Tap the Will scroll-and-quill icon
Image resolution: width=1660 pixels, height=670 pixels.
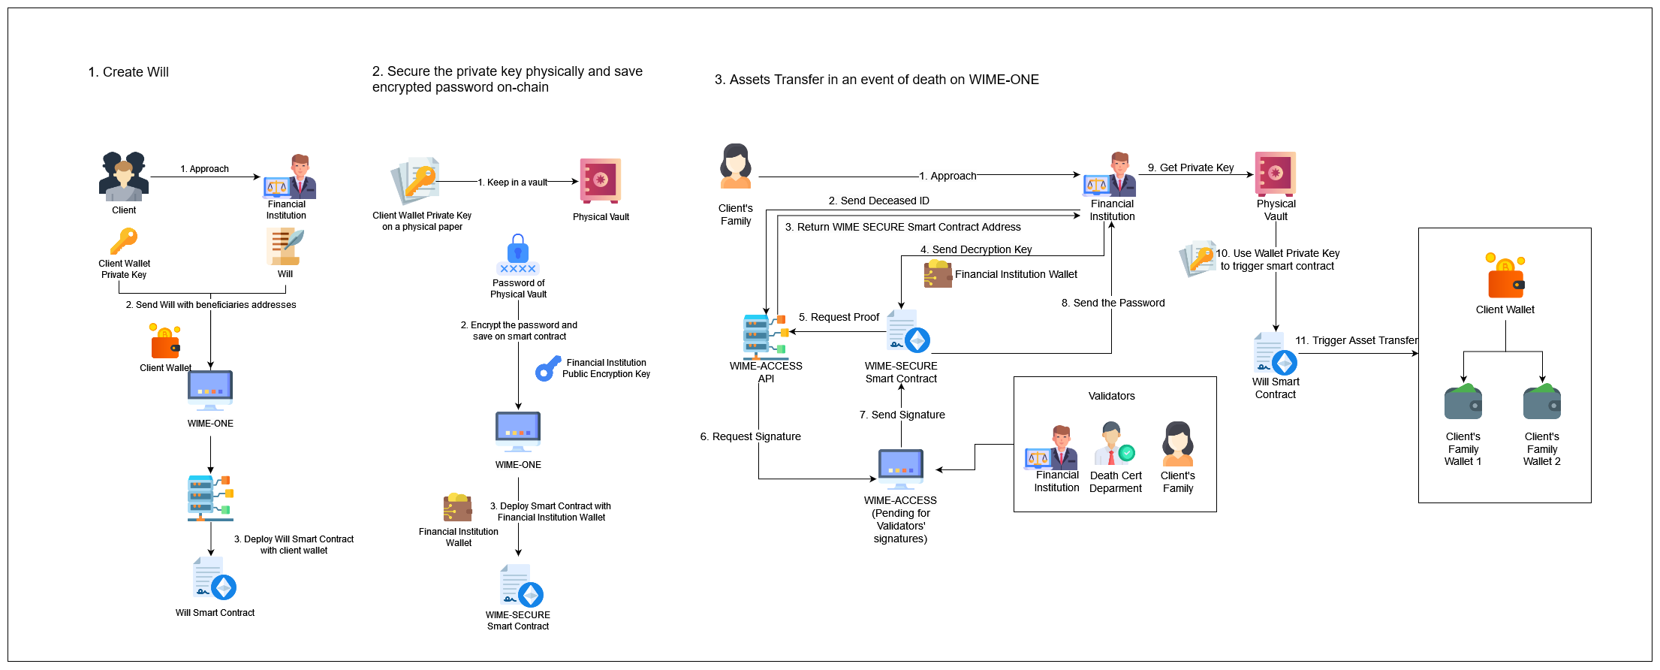[285, 247]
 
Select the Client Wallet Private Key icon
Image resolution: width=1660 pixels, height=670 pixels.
[124, 242]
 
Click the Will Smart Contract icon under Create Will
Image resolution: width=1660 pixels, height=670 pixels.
[215, 578]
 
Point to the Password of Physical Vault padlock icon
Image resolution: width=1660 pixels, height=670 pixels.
[518, 255]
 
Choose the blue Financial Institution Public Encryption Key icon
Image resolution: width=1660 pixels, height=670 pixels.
[547, 369]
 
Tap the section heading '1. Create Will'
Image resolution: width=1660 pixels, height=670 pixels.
[128, 72]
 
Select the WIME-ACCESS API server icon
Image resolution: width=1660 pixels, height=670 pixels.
[764, 336]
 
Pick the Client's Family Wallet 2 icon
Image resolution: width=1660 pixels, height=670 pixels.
[1541, 403]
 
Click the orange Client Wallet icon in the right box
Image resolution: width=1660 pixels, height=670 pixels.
[1505, 277]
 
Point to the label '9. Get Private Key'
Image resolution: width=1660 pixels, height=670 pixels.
[1191, 167]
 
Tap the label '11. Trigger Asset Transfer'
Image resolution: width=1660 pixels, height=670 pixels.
[1356, 340]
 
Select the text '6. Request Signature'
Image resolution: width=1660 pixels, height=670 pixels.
[750, 436]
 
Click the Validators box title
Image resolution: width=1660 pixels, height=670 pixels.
[1111, 396]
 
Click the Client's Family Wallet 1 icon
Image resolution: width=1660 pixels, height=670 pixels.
[1463, 403]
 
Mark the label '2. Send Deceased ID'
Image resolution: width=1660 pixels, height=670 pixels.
[878, 201]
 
